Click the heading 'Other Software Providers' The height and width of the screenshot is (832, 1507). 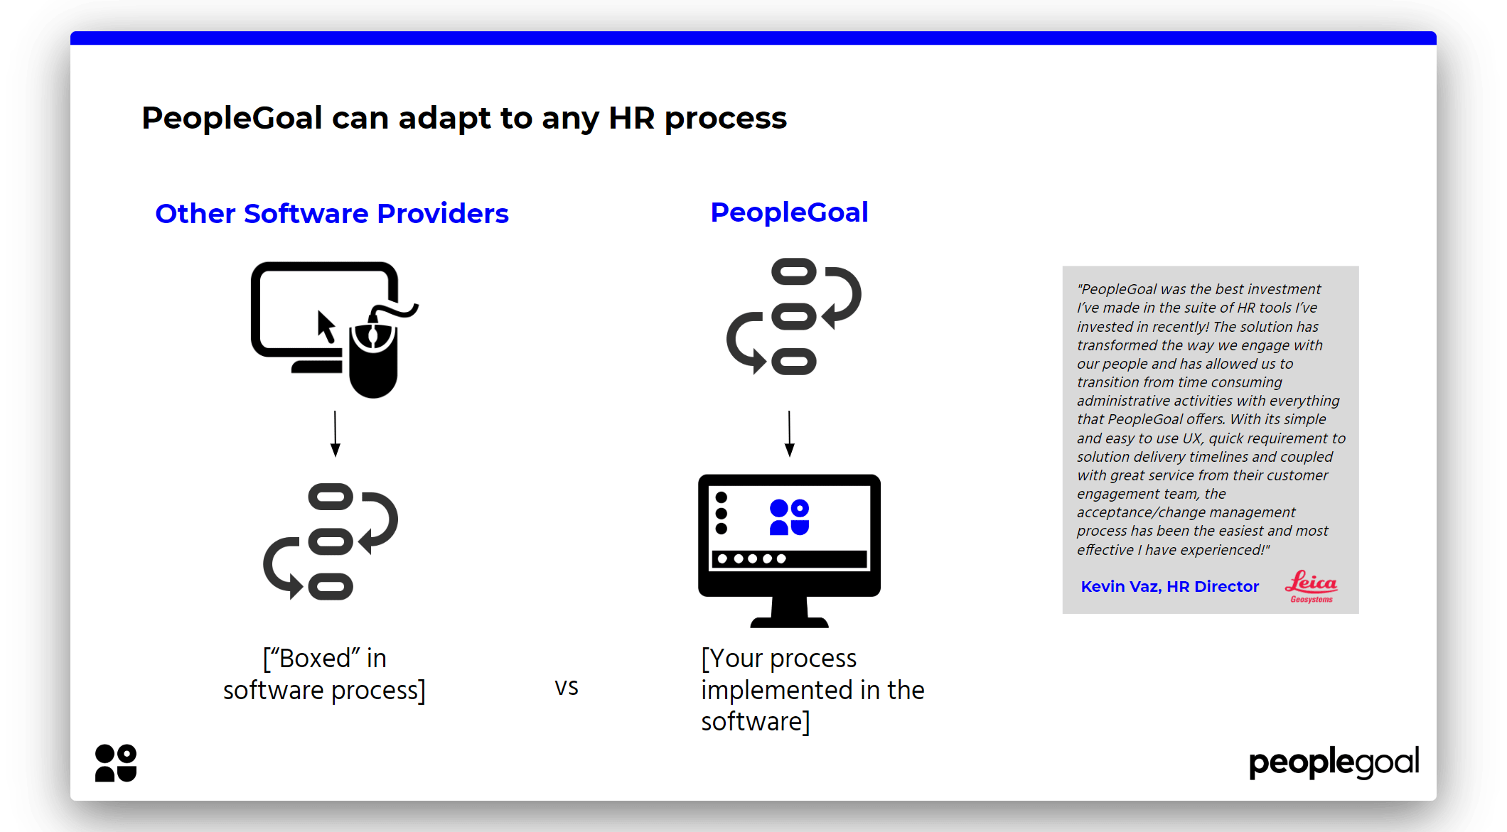pos(332,214)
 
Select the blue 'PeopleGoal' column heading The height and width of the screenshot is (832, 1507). pos(789,212)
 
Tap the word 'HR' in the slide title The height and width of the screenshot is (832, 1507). pos(631,118)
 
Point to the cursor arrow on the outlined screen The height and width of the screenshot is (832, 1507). pos(326,327)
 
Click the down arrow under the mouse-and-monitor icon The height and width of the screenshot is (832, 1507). pos(336,433)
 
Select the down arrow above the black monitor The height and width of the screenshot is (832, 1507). pos(789,433)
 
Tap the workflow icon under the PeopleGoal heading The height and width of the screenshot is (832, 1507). pos(793,316)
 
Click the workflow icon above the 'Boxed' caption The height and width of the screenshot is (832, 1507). pos(331,541)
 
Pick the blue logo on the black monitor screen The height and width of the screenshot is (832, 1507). pos(789,517)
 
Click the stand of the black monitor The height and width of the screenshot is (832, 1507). pos(789,612)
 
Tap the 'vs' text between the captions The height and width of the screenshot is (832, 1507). pos(567,687)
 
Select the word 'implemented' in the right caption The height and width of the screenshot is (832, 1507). pos(776,690)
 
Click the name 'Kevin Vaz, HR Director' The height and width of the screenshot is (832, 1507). pos(1169,586)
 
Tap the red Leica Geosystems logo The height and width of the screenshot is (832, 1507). pos(1311,586)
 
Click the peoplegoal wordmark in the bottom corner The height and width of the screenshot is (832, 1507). pos(1334,762)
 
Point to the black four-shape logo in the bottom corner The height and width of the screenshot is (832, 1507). pos(116,763)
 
